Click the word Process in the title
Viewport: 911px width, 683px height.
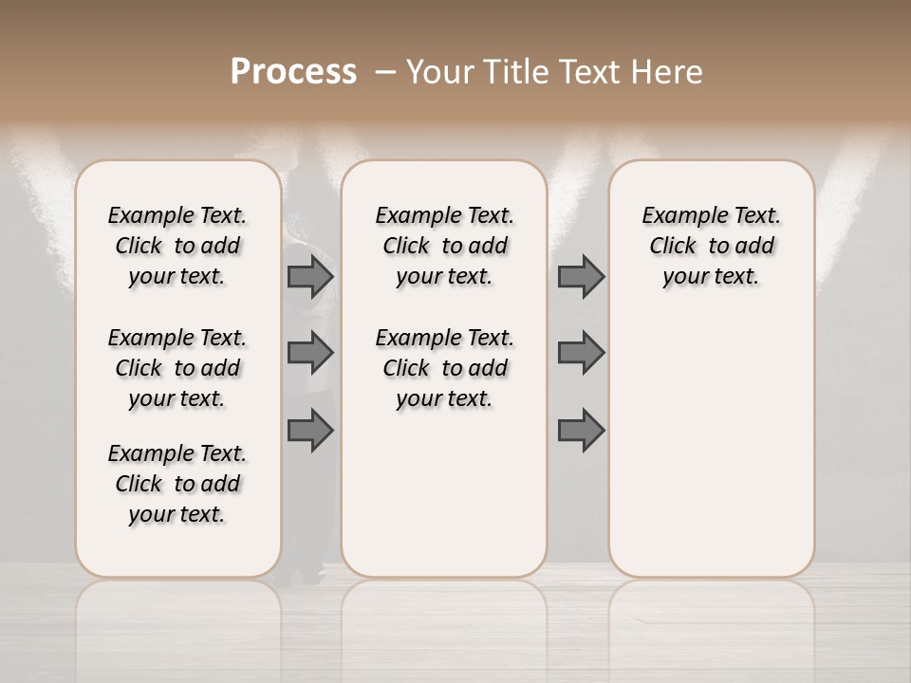coord(293,71)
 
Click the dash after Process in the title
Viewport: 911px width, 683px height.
coord(384,73)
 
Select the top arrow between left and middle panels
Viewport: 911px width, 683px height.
coord(310,277)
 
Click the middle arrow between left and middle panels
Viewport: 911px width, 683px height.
coord(310,353)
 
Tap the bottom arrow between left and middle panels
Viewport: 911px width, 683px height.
coord(310,430)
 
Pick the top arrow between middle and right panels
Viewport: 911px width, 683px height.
coord(581,277)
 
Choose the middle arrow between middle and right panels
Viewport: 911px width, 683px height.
coord(581,353)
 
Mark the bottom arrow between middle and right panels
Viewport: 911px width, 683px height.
coord(581,430)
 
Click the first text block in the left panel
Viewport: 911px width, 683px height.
coord(177,246)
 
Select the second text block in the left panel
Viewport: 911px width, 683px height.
coord(177,368)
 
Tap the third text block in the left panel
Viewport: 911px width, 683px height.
coord(177,484)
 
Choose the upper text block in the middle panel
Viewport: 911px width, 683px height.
coord(445,246)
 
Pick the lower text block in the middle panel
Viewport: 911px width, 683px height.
coord(445,368)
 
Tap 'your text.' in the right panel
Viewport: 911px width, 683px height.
coord(711,277)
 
